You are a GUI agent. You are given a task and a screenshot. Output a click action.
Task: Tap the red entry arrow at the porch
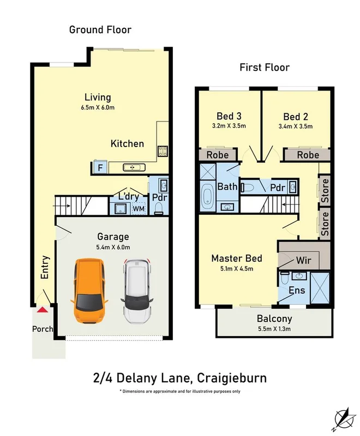click(x=42, y=310)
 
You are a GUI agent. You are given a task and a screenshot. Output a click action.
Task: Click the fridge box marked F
click(x=100, y=167)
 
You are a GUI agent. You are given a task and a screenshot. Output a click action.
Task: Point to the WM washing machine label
click(x=139, y=208)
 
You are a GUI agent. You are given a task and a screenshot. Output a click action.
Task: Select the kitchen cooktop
click(x=162, y=151)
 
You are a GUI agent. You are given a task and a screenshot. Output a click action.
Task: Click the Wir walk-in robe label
click(x=303, y=261)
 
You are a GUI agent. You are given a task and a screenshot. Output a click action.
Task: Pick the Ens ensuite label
click(x=297, y=290)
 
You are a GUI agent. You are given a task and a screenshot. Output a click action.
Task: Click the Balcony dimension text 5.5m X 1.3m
click(x=274, y=329)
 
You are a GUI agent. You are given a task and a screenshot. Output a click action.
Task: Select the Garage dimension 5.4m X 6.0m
click(x=113, y=247)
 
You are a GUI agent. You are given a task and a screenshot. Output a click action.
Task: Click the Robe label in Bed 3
click(x=217, y=155)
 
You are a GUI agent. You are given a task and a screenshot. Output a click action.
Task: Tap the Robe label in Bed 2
click(x=308, y=155)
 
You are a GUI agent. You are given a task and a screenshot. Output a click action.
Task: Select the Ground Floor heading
click(x=100, y=29)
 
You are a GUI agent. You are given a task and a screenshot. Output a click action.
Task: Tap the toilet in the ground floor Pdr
click(x=159, y=208)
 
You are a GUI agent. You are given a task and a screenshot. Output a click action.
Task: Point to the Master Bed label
click(x=237, y=258)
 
